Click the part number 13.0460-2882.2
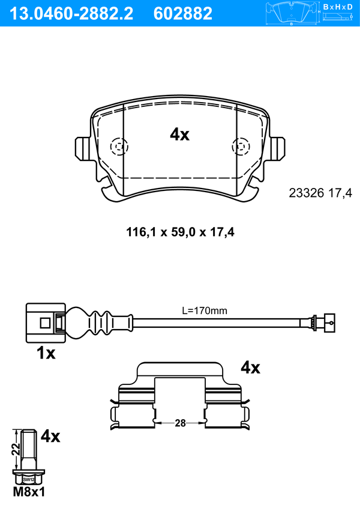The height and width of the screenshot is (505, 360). [71, 14]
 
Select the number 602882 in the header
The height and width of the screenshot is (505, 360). [183, 14]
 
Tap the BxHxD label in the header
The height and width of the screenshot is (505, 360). [337, 7]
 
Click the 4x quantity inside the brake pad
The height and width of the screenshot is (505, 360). [179, 135]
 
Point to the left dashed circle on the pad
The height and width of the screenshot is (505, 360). [119, 147]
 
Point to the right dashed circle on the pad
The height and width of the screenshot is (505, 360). [241, 147]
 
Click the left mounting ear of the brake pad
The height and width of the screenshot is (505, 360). [83, 148]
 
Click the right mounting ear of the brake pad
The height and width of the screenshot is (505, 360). [277, 148]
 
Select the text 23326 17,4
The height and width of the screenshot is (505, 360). [320, 193]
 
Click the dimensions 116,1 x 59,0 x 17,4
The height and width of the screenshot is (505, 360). [180, 232]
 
